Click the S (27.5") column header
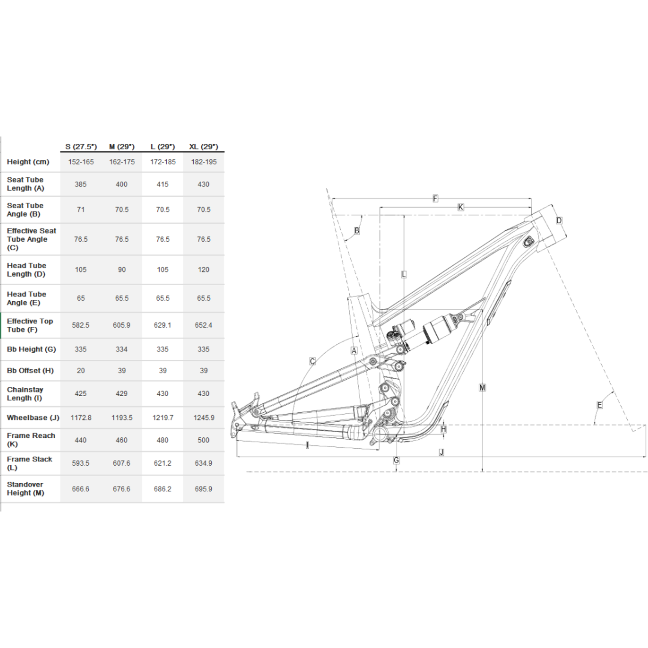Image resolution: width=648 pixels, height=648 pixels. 81,147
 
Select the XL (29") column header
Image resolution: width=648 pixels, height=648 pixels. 204,147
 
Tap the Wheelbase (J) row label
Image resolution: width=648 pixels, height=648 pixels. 33,418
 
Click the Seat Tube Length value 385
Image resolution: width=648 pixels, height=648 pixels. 81,184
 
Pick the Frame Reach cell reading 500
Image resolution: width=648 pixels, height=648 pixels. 204,440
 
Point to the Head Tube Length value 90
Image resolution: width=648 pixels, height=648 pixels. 122,270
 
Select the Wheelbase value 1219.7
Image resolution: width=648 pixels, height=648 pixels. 163,418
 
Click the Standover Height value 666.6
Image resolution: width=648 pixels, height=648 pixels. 81,489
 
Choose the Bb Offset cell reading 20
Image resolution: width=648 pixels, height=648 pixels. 81,371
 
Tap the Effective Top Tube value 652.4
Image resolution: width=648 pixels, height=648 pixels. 204,325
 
